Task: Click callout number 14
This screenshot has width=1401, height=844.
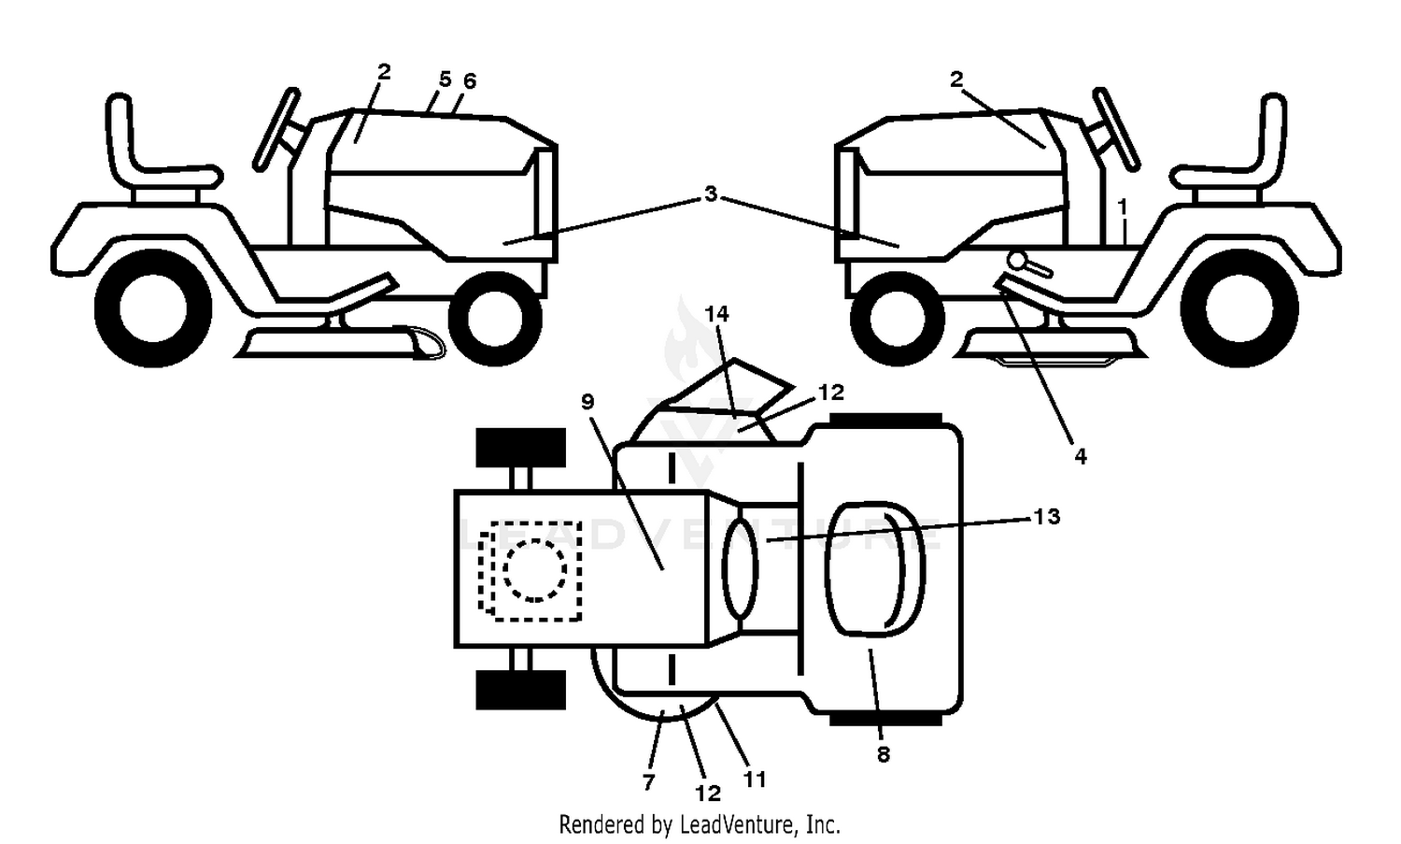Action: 716,314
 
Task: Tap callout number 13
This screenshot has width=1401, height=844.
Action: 1046,517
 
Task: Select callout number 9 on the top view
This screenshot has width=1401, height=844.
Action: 587,402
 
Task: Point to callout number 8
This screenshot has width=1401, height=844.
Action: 884,755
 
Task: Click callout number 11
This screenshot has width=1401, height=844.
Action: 755,780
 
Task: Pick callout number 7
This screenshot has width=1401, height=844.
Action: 648,781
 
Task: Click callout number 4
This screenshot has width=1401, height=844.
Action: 1081,457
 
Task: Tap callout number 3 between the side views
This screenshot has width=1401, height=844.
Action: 711,194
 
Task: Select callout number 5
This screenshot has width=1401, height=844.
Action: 445,79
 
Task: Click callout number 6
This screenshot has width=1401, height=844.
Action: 470,80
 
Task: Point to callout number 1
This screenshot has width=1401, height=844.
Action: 1123,207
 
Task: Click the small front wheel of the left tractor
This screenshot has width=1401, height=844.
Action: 495,319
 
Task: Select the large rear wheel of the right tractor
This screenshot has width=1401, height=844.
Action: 1239,308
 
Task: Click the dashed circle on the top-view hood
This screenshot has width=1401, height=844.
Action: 535,570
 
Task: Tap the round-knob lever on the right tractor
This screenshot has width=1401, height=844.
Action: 1029,265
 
